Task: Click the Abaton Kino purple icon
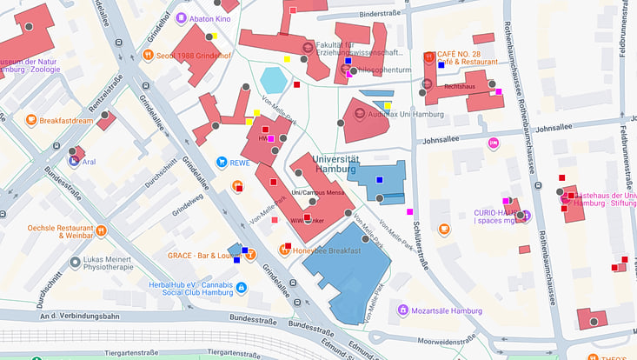pyautogui.click(x=181, y=18)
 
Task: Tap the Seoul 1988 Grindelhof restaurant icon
pyautogui.click(x=149, y=56)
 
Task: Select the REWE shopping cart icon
pyautogui.click(x=222, y=162)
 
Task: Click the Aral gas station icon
pyautogui.click(x=75, y=161)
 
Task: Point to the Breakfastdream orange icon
pyautogui.click(x=31, y=120)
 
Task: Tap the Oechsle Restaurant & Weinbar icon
pyautogui.click(x=101, y=230)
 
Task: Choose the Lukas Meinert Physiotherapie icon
pyautogui.click(x=76, y=262)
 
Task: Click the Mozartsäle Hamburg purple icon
pyautogui.click(x=402, y=310)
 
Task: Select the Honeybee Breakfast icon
pyautogui.click(x=283, y=250)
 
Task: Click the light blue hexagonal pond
pyautogui.click(x=274, y=80)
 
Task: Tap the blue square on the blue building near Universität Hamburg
pyautogui.click(x=379, y=179)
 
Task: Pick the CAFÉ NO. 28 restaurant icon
pyautogui.click(x=428, y=57)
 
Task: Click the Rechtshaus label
pyautogui.click(x=459, y=88)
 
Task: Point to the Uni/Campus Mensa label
pyautogui.click(x=317, y=192)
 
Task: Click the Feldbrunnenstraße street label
pyautogui.click(x=624, y=30)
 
